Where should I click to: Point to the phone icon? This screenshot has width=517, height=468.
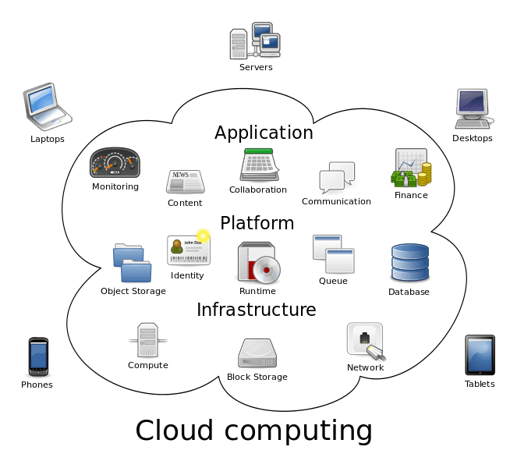click(x=37, y=357)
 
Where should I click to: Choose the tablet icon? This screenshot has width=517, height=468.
click(x=479, y=356)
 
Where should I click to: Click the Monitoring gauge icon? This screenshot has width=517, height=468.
click(x=115, y=162)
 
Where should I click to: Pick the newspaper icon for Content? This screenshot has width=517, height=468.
click(x=185, y=181)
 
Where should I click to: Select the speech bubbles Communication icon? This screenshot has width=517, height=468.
click(x=337, y=178)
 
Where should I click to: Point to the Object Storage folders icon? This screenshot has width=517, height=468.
click(x=132, y=264)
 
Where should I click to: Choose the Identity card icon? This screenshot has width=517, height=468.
click(x=188, y=250)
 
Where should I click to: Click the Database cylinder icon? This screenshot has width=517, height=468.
click(x=409, y=263)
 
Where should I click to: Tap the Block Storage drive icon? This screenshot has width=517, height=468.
click(x=257, y=353)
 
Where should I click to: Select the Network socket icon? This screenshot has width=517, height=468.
click(x=365, y=341)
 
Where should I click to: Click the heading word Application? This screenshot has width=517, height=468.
click(x=264, y=133)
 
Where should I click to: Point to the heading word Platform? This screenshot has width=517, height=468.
click(x=257, y=223)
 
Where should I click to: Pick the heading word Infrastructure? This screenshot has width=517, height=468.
click(x=256, y=310)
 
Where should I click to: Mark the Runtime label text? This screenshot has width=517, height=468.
click(x=257, y=291)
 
